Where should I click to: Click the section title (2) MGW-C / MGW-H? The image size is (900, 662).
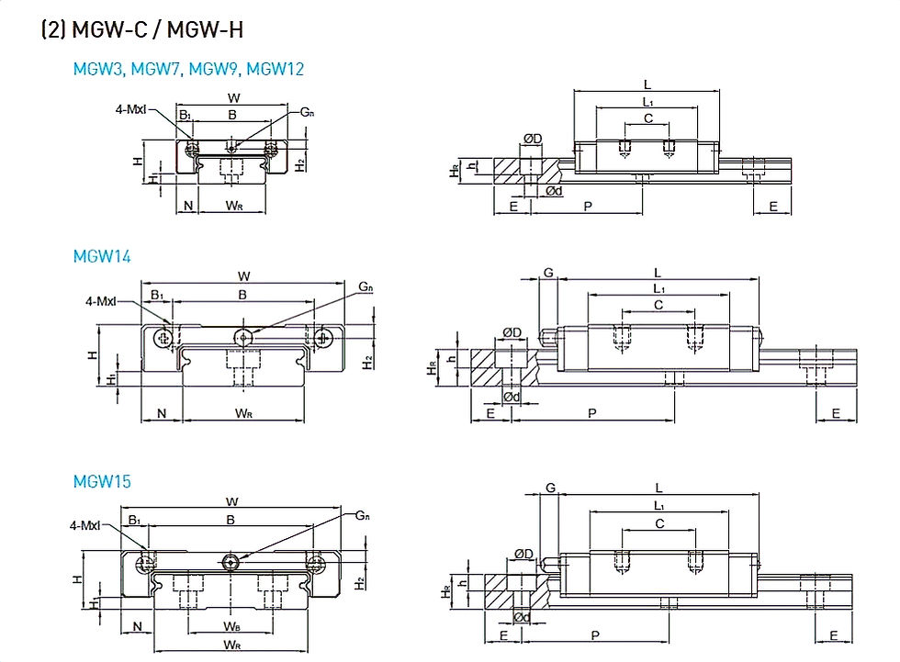click(142, 29)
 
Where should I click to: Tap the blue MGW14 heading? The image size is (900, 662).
click(102, 256)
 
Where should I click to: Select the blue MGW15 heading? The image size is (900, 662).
click(102, 481)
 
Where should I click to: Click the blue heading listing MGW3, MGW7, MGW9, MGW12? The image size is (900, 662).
click(188, 69)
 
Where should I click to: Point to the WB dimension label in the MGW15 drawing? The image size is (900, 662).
click(231, 626)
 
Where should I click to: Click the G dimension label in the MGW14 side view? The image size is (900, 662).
click(549, 273)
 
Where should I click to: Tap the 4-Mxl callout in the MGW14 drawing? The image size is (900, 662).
click(101, 300)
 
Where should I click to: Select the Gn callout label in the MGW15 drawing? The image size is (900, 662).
click(363, 515)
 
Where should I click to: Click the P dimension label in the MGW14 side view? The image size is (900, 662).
click(592, 413)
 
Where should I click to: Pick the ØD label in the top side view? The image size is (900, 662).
click(533, 139)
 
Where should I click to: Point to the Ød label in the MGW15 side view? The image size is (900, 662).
click(522, 617)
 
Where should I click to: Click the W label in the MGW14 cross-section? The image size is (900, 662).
click(244, 276)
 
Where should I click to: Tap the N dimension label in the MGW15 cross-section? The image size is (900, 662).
click(137, 626)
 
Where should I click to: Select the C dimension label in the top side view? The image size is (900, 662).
click(648, 118)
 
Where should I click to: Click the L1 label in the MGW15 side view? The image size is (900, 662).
click(659, 505)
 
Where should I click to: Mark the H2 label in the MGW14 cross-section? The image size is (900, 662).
click(368, 362)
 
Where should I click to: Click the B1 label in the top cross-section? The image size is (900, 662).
click(185, 115)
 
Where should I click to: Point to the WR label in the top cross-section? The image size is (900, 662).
click(233, 205)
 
